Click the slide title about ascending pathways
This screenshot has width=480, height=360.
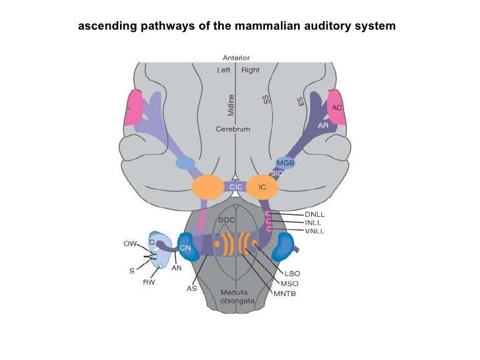coord(237,26)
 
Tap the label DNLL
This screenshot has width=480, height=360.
coord(315,214)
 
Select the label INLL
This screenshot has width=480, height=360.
coord(313,222)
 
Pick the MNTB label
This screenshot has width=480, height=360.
coord(285,293)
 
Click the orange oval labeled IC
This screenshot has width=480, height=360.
coord(262,187)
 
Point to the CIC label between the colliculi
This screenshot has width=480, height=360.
coord(236,187)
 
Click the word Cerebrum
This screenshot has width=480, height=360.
coord(233,129)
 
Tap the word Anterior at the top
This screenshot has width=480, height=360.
coord(236,58)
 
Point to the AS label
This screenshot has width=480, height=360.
coord(191,288)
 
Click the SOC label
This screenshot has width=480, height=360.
coord(227,219)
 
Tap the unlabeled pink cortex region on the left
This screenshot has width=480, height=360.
coord(134,108)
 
